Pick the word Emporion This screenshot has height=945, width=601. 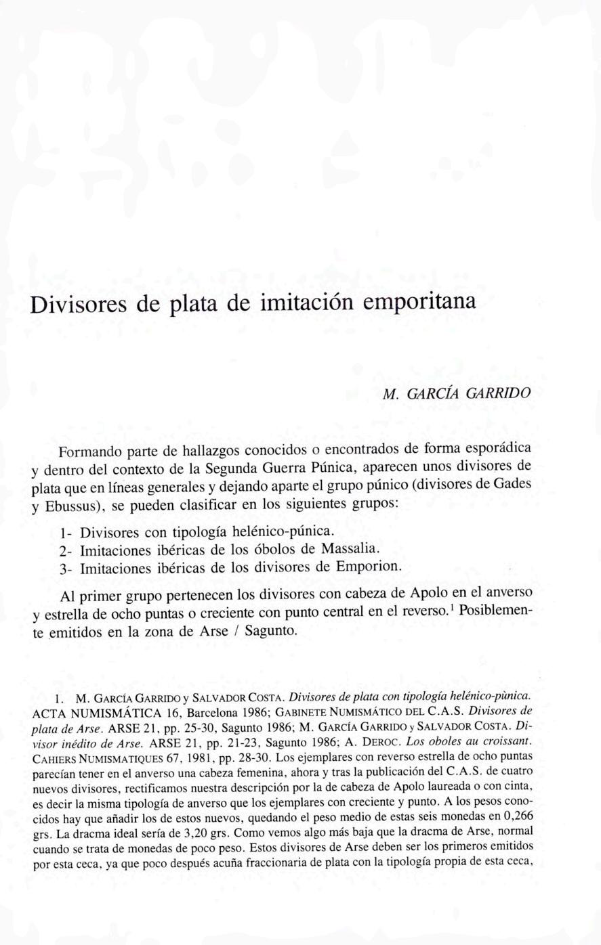click(x=369, y=567)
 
